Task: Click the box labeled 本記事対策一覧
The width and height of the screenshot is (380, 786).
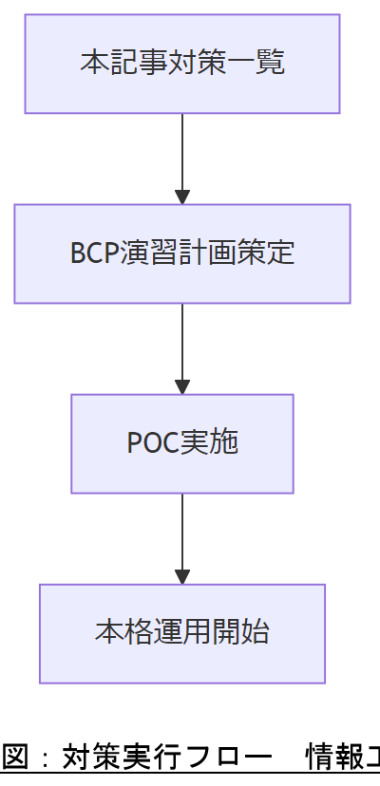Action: tap(181, 64)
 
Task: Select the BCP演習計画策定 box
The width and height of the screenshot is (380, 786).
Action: tap(181, 253)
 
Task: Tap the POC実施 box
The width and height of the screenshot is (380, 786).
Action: tap(181, 443)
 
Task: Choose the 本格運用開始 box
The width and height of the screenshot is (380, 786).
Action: tap(181, 633)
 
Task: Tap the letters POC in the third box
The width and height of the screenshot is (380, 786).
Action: tap(149, 443)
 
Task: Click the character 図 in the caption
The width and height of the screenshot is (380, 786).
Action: tap(14, 758)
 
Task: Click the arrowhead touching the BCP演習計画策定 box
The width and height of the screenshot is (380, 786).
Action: tap(182, 197)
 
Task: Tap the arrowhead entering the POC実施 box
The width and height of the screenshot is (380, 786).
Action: tap(182, 387)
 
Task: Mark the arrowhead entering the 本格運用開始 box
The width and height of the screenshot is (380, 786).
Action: tap(182, 577)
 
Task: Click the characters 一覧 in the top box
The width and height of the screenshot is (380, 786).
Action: tap(261, 64)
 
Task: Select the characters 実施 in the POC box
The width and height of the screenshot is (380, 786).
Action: tap(216, 443)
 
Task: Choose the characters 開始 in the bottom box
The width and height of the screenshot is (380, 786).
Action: tap(248, 633)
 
